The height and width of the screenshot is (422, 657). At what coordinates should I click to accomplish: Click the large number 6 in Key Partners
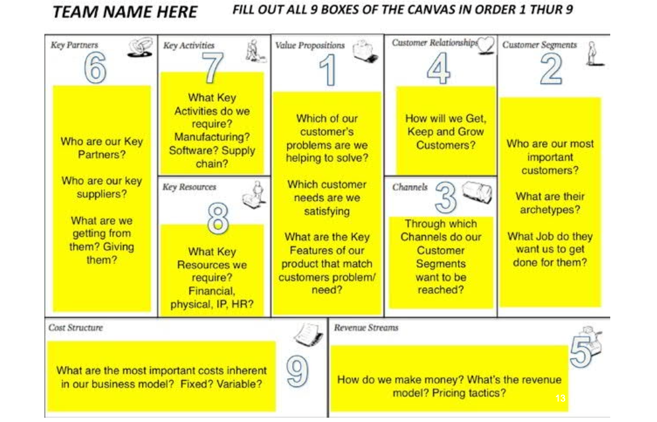click(95, 68)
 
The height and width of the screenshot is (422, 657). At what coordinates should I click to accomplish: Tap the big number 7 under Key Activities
click(213, 68)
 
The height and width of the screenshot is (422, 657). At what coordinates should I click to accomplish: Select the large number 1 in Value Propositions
click(328, 70)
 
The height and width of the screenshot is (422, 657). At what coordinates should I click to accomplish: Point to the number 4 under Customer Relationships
click(439, 68)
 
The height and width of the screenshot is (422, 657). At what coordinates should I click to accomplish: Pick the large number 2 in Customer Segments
click(551, 69)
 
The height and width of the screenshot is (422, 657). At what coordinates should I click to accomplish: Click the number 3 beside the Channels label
click(446, 196)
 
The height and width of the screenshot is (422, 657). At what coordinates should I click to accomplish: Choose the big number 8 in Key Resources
click(218, 218)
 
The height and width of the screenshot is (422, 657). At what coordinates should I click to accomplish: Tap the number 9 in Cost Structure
click(297, 371)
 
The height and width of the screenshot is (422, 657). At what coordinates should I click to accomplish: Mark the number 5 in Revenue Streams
click(581, 351)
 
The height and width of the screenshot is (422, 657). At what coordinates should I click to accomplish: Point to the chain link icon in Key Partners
click(140, 47)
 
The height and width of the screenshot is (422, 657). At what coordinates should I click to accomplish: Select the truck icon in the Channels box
click(477, 192)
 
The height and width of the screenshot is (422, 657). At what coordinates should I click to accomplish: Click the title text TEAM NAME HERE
click(125, 12)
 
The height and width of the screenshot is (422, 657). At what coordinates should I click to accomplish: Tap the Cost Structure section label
click(75, 328)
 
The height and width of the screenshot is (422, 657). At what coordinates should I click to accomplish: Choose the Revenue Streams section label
click(366, 328)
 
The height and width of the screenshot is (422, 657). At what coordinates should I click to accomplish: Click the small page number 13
click(560, 398)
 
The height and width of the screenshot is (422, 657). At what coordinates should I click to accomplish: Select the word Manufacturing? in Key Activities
click(212, 137)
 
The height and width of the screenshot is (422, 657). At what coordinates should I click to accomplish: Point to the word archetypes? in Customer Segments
click(550, 210)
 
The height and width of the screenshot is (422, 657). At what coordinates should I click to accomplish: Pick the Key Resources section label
click(189, 187)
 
